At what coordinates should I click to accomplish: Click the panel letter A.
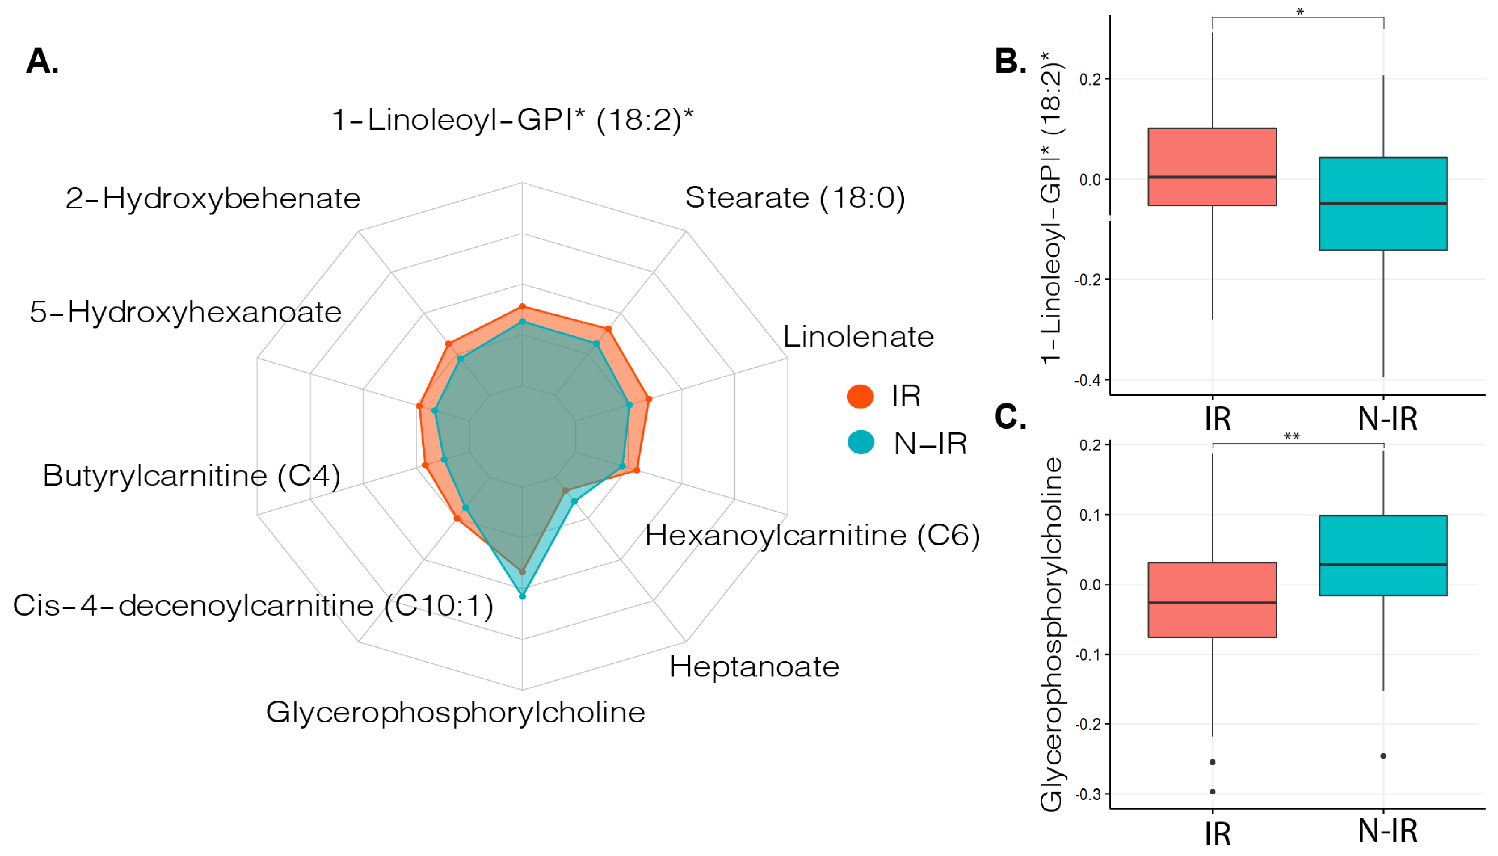42,61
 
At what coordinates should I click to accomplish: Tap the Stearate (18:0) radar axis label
794,198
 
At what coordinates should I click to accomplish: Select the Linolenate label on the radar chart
858,337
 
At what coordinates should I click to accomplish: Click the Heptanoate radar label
754,667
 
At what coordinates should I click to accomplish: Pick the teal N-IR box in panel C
1383,555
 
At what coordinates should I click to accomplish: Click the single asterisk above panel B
1299,12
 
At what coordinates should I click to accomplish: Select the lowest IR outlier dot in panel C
1212,791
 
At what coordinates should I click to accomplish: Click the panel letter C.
1010,417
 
